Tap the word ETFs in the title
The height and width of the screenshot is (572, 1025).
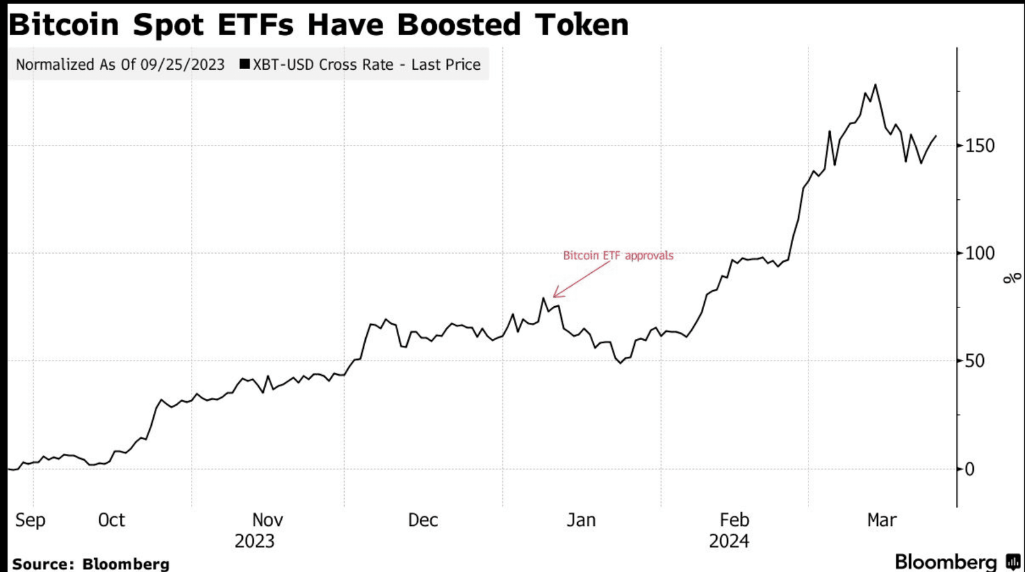point(256,24)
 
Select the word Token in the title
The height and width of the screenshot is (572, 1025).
point(582,24)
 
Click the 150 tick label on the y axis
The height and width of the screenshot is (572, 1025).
point(980,145)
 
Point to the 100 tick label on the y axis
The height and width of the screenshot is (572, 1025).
point(980,253)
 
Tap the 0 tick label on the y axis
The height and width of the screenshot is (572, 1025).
point(969,469)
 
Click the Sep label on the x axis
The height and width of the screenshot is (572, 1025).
point(30,519)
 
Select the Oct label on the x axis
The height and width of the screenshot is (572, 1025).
point(111,519)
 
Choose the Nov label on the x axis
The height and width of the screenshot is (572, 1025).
point(267,519)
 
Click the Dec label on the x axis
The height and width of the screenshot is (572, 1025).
point(423,519)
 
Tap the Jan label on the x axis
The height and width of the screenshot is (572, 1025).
point(581,519)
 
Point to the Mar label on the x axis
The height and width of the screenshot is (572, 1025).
point(881,519)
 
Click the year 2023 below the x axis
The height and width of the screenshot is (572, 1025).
point(254,541)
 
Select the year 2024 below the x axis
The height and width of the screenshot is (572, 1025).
point(729,541)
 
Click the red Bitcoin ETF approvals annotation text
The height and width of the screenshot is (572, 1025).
point(618,256)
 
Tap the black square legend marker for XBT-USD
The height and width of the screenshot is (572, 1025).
point(244,64)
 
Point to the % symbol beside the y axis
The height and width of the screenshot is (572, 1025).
point(1012,278)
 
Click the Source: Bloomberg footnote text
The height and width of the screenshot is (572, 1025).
point(91,564)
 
